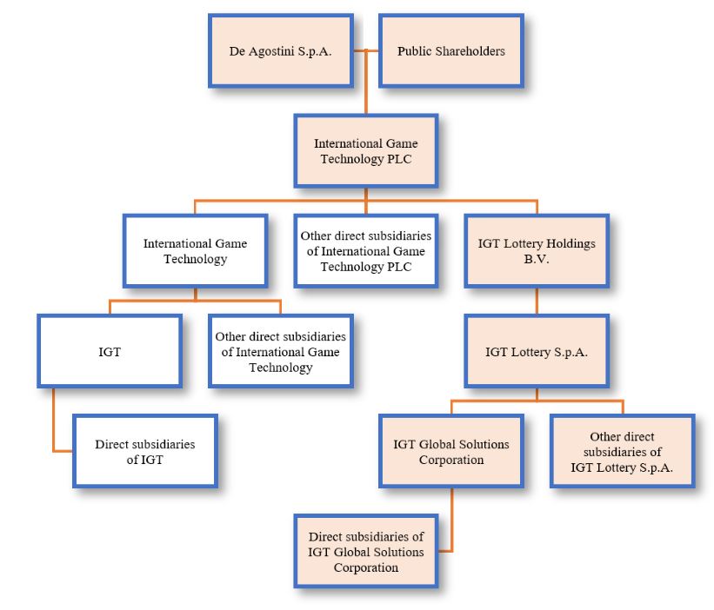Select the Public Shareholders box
(450, 50)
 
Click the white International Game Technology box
(195, 250)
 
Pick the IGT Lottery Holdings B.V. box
(536, 250)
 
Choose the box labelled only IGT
(110, 352)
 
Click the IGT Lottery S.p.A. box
(536, 352)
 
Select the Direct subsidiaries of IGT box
(144, 451)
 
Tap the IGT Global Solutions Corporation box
(451, 451)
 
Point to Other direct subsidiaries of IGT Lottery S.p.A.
(622, 451)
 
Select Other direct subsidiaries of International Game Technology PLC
(365, 250)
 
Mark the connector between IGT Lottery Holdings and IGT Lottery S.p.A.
(536, 301)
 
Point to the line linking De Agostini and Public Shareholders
(366, 50)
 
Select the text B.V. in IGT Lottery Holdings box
(536, 258)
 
